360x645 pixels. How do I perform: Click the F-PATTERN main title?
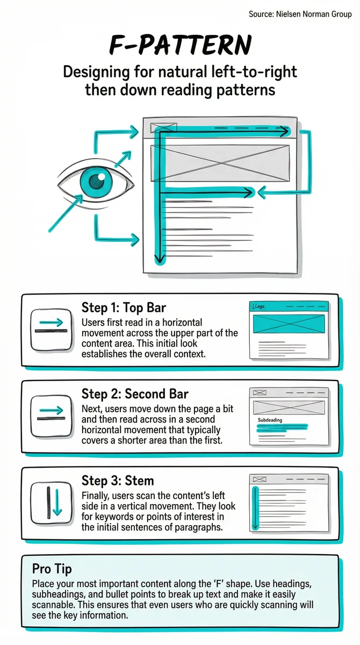(x=181, y=45)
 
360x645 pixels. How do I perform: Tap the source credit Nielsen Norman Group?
(x=300, y=14)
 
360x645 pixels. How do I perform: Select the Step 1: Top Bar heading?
(x=124, y=307)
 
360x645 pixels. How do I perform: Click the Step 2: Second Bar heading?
(x=135, y=393)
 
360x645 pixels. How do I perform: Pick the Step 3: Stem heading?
(x=118, y=481)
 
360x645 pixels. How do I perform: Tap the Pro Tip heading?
(x=52, y=569)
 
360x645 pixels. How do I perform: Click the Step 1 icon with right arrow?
(x=51, y=330)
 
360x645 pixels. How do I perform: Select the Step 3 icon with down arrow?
(x=51, y=503)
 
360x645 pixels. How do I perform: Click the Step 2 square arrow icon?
(x=51, y=416)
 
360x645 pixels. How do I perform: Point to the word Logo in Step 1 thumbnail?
(x=258, y=306)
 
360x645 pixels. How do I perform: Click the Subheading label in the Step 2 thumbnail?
(x=270, y=420)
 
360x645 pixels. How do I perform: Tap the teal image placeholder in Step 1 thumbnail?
(x=289, y=324)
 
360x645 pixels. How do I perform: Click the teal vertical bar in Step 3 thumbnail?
(x=255, y=508)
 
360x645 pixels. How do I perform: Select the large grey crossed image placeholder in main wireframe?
(x=220, y=163)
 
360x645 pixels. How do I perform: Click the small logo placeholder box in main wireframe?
(x=163, y=127)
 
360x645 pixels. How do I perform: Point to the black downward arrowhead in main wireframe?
(x=160, y=257)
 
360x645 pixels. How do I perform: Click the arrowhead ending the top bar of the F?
(x=284, y=132)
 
